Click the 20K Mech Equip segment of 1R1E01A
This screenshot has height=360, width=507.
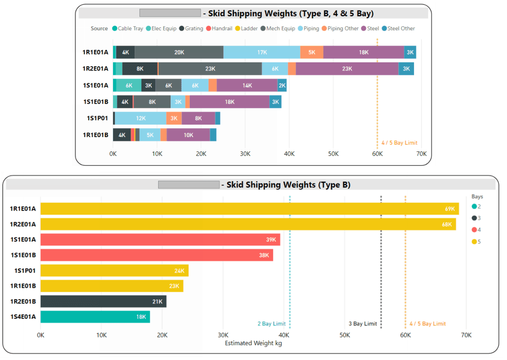179,52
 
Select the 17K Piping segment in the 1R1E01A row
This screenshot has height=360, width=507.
262,52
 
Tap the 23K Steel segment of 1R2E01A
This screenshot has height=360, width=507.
347,69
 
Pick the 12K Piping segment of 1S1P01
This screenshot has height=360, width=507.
140,118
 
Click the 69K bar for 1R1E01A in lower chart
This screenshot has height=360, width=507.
249,209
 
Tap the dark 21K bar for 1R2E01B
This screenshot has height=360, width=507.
103,302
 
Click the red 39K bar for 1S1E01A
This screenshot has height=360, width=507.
160,240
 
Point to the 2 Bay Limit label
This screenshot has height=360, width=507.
272,324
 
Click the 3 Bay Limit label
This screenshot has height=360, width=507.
362,324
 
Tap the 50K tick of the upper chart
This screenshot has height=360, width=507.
334,154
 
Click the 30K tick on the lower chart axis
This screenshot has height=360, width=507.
223,335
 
